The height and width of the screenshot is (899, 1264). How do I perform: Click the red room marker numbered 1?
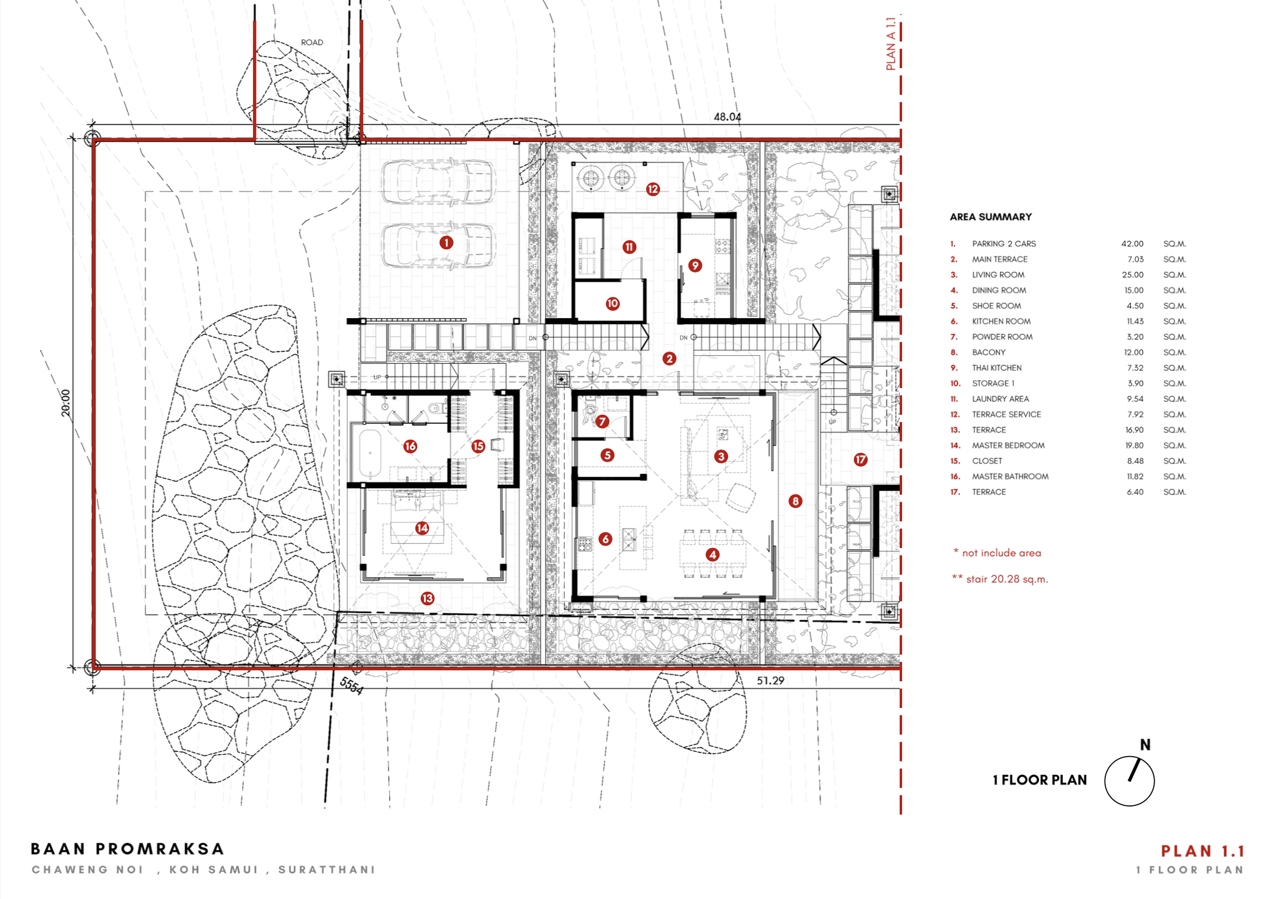[446, 243]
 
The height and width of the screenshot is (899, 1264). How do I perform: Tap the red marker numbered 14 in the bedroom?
[422, 528]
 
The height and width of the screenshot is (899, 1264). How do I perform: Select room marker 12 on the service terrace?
[653, 189]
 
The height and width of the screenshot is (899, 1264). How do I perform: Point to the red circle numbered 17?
[860, 460]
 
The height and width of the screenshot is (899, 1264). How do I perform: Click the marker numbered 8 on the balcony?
[795, 501]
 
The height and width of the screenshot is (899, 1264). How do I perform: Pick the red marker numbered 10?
[613, 304]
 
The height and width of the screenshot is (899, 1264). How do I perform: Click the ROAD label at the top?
[312, 43]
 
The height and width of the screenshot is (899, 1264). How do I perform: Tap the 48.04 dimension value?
[727, 117]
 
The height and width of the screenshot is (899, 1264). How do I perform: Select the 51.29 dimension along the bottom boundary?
[770, 681]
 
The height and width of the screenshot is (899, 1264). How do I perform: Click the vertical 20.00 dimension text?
[66, 403]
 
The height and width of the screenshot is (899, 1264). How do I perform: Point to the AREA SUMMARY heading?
[991, 217]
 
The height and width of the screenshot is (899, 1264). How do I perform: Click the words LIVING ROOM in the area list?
[998, 275]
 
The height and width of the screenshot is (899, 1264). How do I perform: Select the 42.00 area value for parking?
[1133, 244]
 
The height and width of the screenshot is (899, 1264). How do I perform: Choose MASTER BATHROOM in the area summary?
[1010, 477]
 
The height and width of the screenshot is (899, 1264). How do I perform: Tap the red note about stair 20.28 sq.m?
[1001, 579]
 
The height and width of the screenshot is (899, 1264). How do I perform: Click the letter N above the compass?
[1145, 745]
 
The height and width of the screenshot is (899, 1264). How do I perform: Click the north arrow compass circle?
[1130, 806]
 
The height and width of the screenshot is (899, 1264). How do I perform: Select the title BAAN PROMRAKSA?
[128, 849]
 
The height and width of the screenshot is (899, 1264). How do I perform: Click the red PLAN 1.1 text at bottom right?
[1203, 851]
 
